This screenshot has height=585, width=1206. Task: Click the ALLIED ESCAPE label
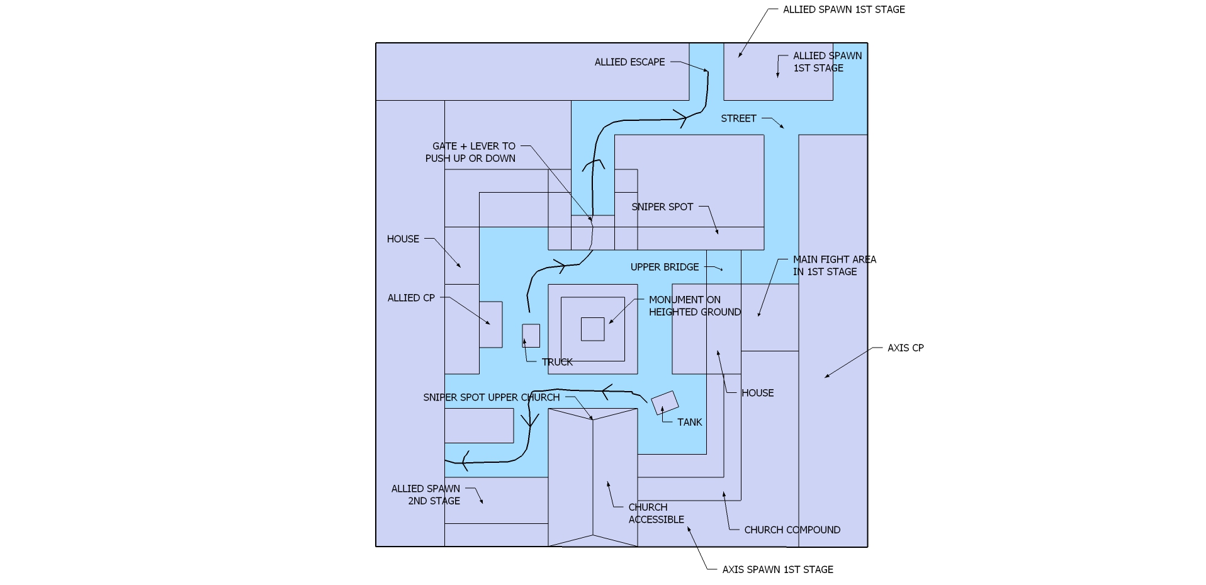coord(629,62)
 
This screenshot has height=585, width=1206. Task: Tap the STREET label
coord(738,118)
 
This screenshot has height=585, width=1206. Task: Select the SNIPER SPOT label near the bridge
coord(662,207)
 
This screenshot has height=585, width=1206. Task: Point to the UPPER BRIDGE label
coord(665,267)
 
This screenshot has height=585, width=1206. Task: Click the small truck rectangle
coord(531,336)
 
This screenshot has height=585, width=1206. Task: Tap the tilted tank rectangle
coord(665,403)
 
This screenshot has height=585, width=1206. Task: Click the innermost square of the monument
coord(592,329)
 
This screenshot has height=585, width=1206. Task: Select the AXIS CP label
coord(905,348)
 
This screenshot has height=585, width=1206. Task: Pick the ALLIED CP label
coord(411,298)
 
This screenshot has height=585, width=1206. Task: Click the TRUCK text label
coord(557,362)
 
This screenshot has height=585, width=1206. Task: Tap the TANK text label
coord(689,422)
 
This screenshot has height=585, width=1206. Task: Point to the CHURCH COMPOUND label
coord(792,530)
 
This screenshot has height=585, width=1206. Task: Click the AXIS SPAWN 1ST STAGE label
coord(777,569)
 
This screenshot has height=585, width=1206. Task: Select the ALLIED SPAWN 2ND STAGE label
coord(426,494)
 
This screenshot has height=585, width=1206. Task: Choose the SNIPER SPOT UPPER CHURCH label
coord(491,397)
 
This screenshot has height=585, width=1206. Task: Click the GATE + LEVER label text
coord(471,152)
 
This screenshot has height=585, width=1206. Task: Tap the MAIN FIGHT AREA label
coord(834,265)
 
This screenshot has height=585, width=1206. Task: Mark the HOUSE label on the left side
coord(403,239)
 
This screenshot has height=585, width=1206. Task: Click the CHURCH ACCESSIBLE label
coord(656,513)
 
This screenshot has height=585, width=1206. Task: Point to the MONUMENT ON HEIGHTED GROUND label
coord(694,305)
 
